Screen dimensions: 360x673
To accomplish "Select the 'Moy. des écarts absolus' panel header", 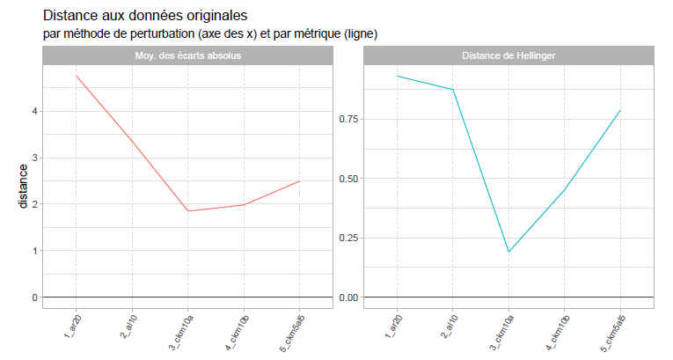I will coord(188,55).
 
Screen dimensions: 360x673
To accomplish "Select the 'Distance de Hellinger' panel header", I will coord(508,55).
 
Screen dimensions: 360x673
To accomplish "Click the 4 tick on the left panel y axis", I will coord(35,111).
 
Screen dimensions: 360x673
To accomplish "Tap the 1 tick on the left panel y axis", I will coord(35,251).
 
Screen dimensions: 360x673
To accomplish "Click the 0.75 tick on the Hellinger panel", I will coord(347,119).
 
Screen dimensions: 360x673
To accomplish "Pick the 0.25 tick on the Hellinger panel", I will coord(347,238).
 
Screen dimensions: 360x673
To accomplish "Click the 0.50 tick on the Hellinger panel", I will coord(347,179).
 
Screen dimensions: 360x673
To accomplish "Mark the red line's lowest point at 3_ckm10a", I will coord(188,211).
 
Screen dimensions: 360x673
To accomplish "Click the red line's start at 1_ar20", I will coord(77,75).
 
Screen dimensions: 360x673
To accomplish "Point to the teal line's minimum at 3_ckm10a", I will coord(508,252).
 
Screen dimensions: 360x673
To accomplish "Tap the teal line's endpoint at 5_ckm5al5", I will coord(620,110).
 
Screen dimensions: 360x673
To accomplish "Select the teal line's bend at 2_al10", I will coord(453,90).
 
